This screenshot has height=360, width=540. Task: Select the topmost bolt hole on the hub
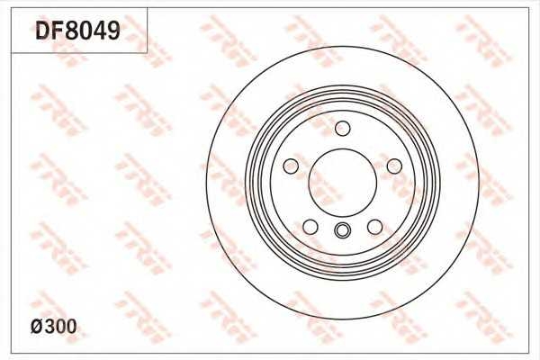(342, 129)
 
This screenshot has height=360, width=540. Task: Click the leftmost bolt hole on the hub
(291, 166)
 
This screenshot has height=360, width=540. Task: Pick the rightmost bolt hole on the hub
(393, 166)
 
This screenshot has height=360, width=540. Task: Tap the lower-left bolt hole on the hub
(310, 226)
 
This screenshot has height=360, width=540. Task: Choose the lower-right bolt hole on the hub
(373, 226)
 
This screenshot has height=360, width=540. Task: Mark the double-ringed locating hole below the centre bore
(342, 231)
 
